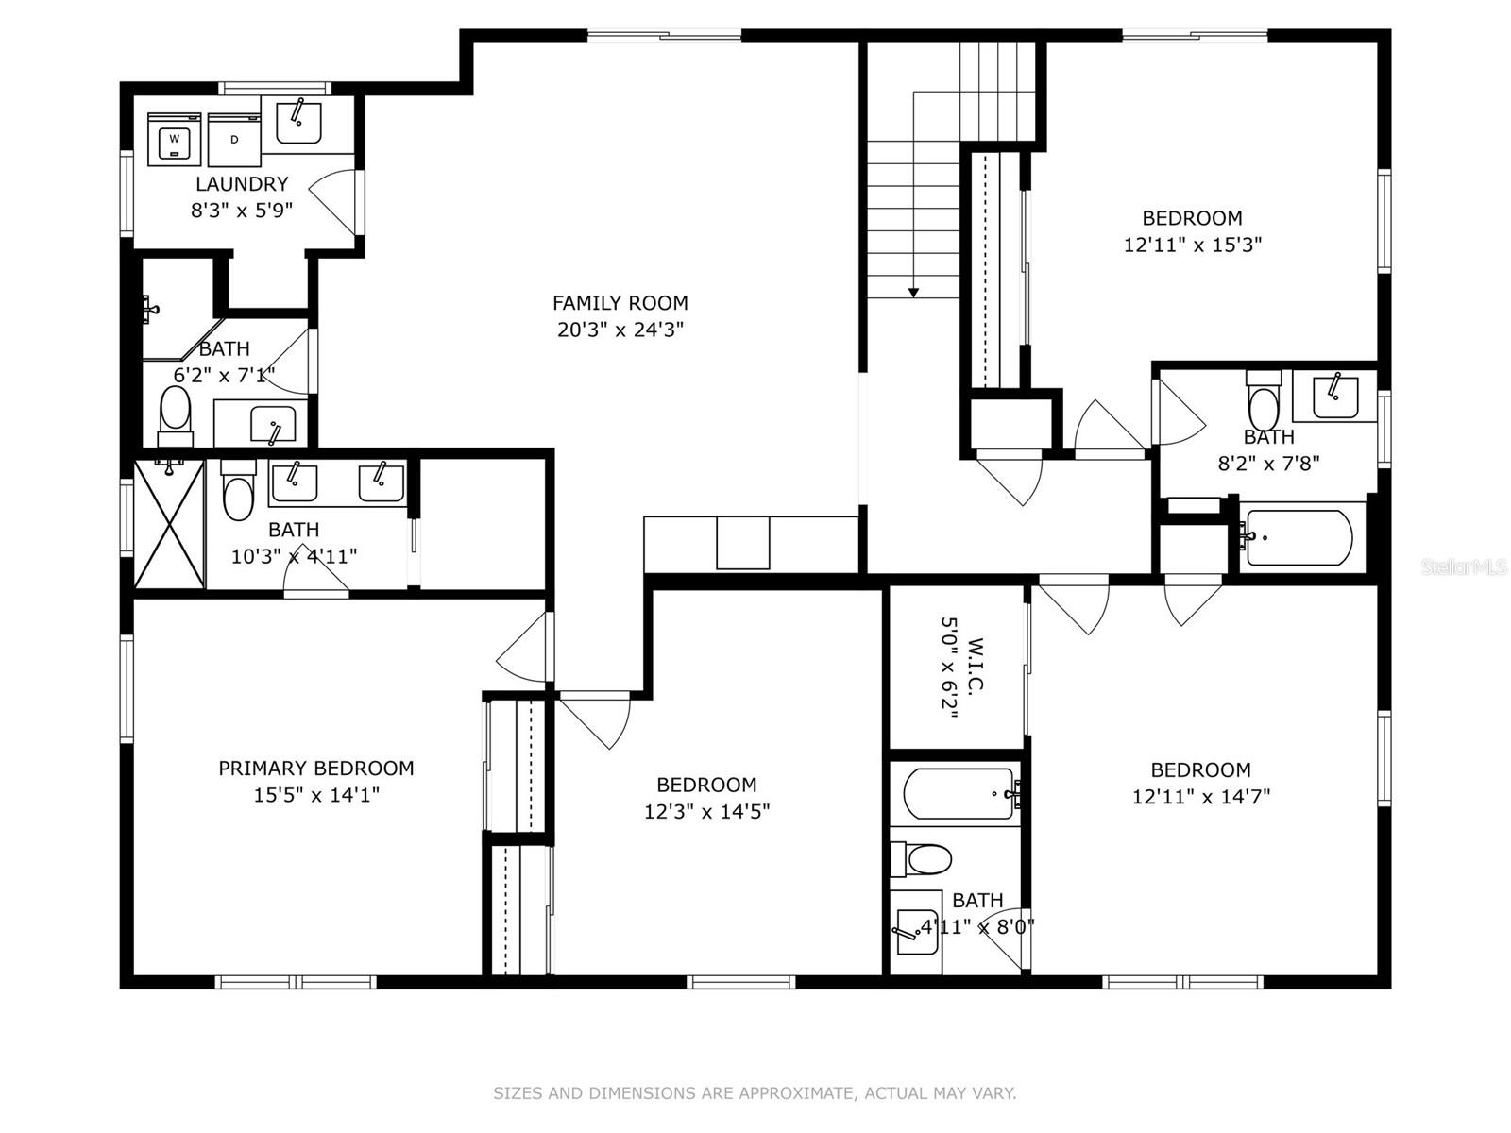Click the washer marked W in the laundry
coord(175,139)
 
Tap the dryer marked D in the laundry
coord(233,139)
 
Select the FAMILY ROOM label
coord(620,303)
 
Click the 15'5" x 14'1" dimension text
coord(316,795)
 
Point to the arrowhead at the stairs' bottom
coord(913,293)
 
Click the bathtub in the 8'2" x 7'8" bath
coord(1299,537)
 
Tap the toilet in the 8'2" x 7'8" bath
coord(1262,400)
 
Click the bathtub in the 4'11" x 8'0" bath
coord(957,793)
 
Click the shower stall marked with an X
coord(169,523)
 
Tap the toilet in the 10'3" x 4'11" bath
coord(238,492)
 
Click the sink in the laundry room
coord(298,120)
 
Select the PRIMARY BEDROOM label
coord(316,769)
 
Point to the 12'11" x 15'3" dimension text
coord(1192,245)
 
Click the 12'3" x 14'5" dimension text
coord(706,811)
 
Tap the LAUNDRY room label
coord(242,184)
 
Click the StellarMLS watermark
coord(1463,566)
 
